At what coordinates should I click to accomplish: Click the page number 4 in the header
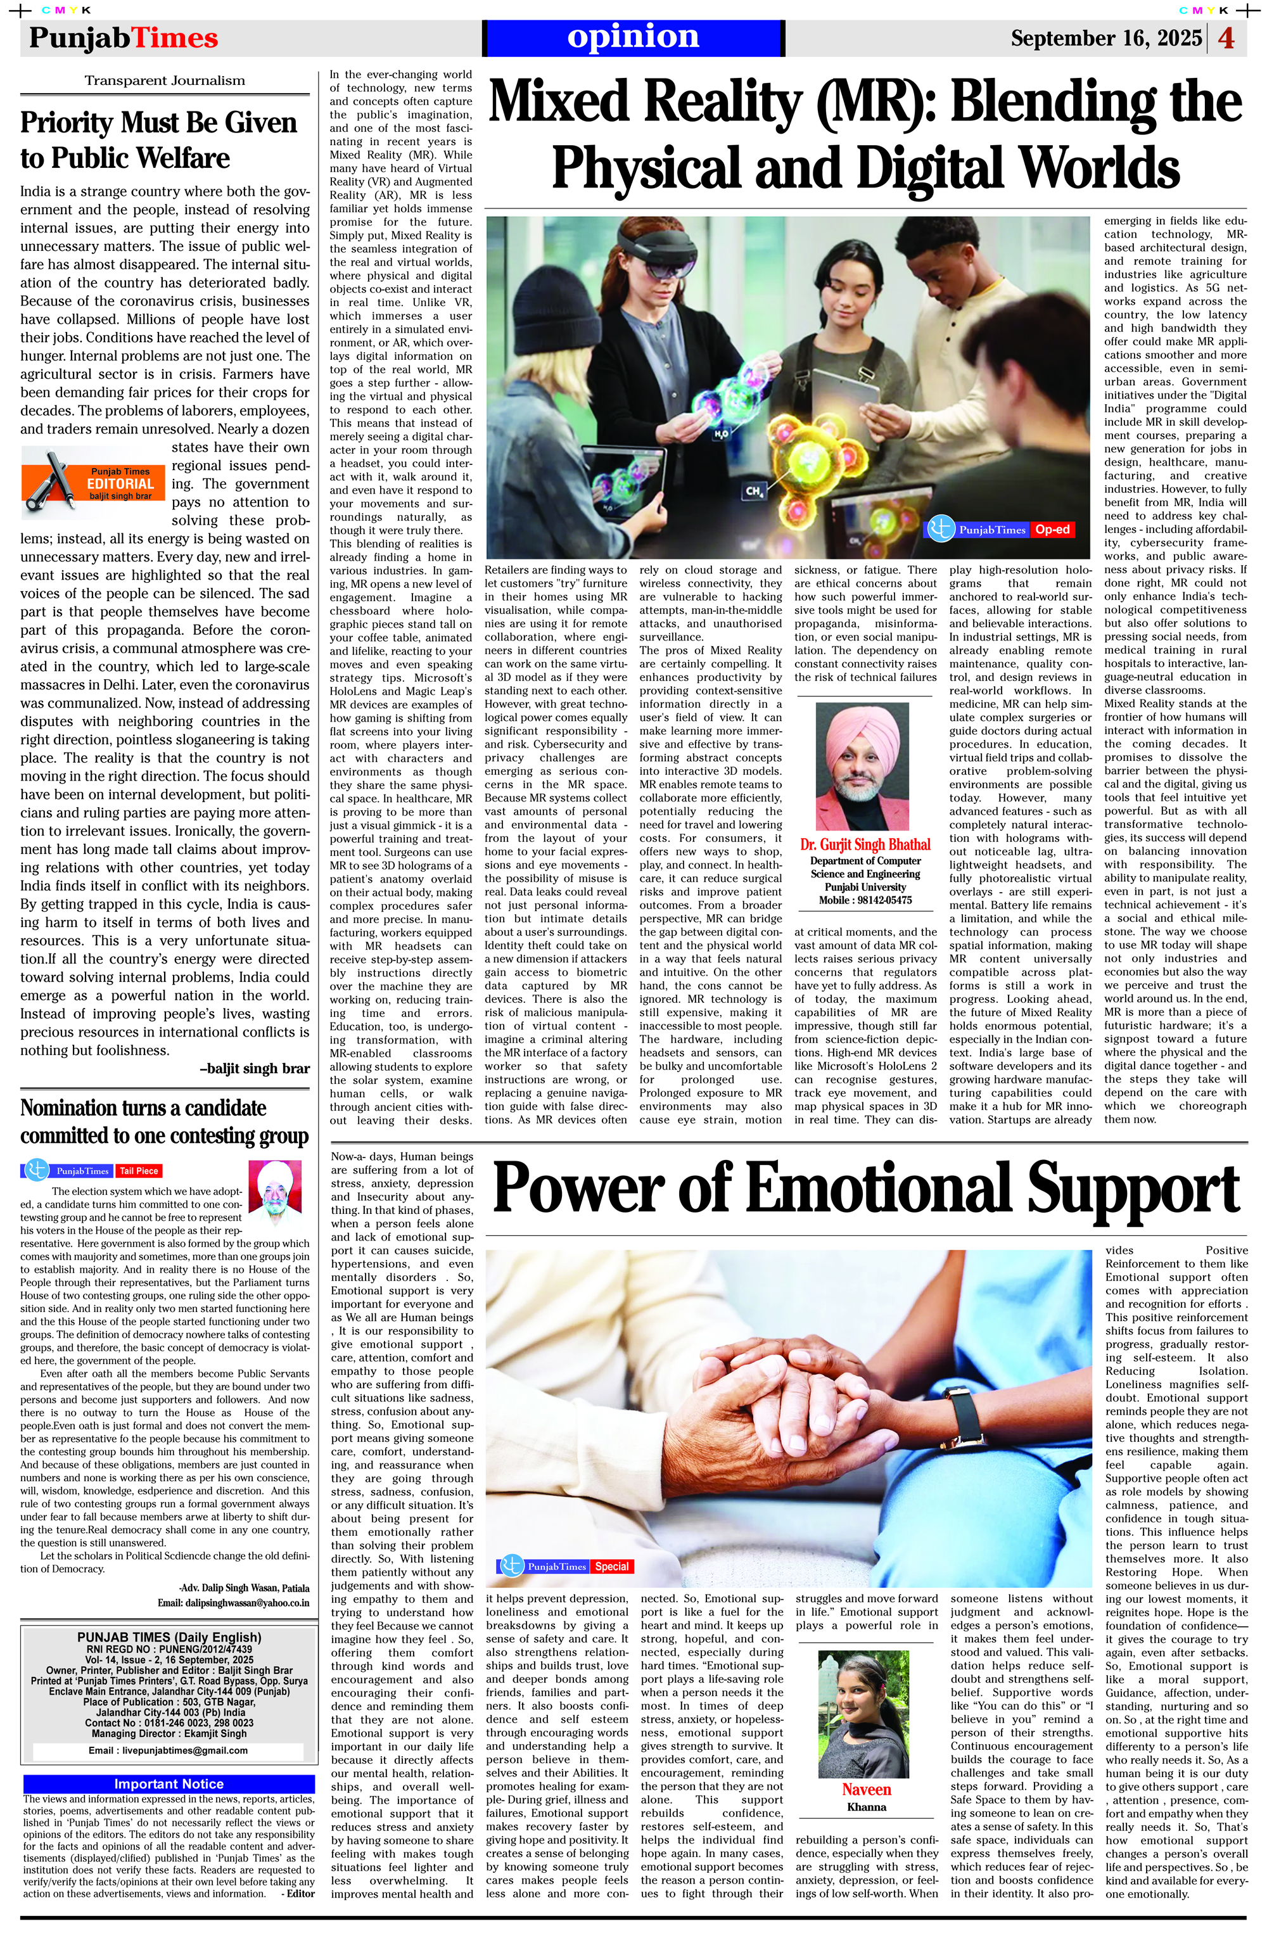click(1226, 38)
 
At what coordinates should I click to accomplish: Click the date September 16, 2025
click(1106, 38)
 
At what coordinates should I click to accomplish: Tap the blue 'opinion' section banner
click(633, 37)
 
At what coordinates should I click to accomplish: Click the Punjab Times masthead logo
click(124, 38)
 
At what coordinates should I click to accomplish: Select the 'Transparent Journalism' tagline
click(165, 80)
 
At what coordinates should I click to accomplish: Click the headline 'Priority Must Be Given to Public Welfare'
click(159, 140)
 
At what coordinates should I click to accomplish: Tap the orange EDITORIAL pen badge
click(94, 483)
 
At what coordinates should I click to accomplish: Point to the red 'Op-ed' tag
click(1052, 529)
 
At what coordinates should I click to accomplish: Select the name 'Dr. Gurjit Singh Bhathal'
click(865, 844)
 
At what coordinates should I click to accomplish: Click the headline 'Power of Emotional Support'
click(865, 1190)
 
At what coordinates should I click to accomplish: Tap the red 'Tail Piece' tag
click(139, 1171)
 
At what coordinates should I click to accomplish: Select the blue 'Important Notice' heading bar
click(169, 1784)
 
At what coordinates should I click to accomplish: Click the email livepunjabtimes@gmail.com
click(168, 1750)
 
